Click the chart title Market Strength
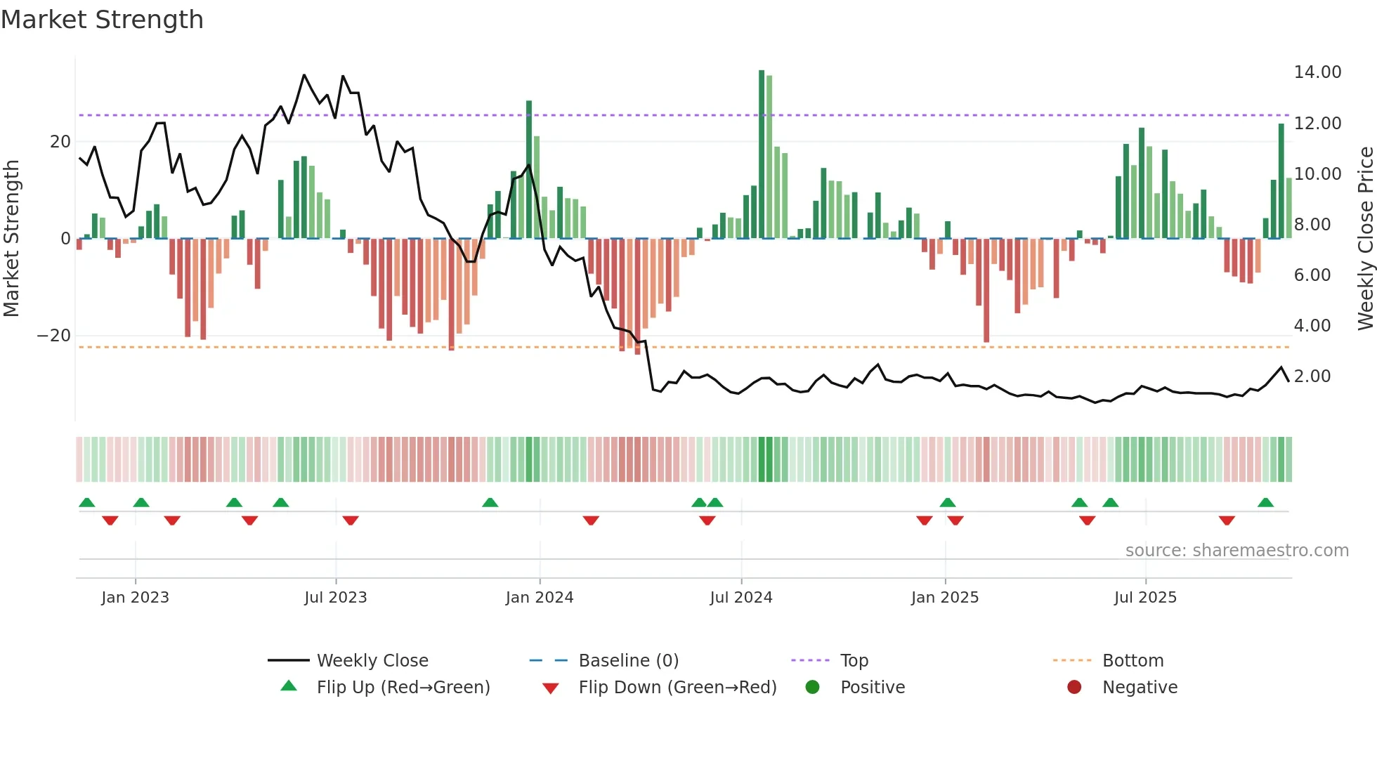coord(103,20)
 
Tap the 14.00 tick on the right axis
coord(1317,72)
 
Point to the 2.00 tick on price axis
coord(1312,376)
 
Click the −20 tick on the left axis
coord(54,336)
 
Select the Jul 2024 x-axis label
coord(740,598)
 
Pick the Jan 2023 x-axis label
coord(135,598)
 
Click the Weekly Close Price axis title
coord(1365,239)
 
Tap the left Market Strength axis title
coord(12,239)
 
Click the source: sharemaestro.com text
coord(1236,551)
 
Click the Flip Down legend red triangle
coord(551,688)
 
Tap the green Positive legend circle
coord(812,688)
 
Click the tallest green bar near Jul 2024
coord(762,155)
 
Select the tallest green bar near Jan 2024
coord(529,169)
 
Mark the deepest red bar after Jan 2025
coord(986,290)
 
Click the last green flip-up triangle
coord(1265,503)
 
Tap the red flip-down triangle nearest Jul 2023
coord(351,520)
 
